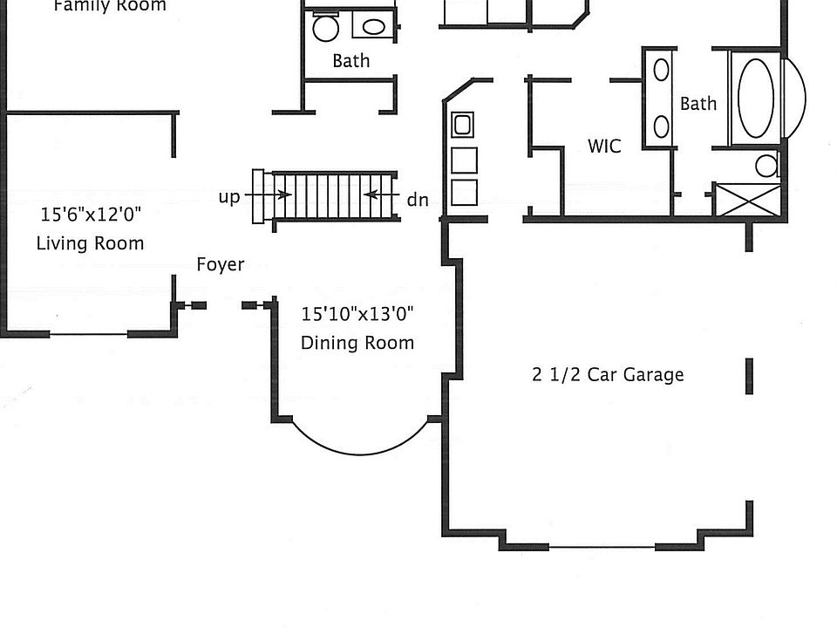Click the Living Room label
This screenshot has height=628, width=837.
coord(90,242)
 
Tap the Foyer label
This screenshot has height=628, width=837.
coord(220,264)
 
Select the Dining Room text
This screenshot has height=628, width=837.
coord(357,343)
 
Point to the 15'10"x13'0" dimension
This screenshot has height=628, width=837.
coord(357,314)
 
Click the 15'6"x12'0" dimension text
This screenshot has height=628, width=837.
coord(90,214)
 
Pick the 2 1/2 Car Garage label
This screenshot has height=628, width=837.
coord(608,375)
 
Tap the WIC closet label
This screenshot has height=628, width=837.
coord(604,146)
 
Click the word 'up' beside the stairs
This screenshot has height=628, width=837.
coord(229,196)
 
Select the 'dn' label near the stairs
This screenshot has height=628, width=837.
coord(418,200)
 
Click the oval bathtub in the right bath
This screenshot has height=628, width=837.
coord(755,97)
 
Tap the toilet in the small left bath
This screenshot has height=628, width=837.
coord(325,28)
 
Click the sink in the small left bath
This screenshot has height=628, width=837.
coord(373,27)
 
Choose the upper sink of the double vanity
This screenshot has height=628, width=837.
coord(661,70)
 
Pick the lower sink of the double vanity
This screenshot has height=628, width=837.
coord(661,127)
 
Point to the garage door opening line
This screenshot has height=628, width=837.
coord(602,548)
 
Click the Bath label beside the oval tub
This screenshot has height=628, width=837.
coord(698,104)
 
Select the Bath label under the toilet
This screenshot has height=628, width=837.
coord(350,61)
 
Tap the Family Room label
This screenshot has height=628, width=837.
coord(110,6)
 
